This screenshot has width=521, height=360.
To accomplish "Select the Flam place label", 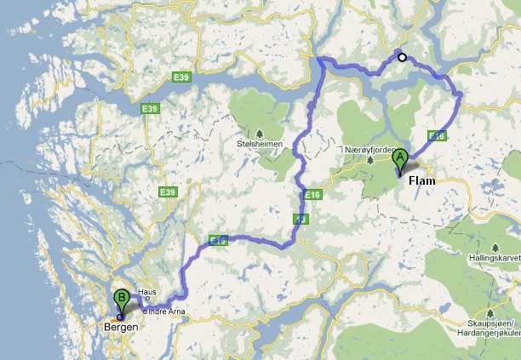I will (x=422, y=181).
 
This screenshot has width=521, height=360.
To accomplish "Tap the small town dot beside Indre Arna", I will (x=146, y=311).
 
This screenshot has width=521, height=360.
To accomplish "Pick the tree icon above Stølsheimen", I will (x=259, y=133).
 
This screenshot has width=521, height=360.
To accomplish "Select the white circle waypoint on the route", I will (x=403, y=58).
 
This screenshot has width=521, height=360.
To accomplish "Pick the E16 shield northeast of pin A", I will (x=437, y=136).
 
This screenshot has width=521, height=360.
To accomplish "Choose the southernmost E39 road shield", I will (x=166, y=193).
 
